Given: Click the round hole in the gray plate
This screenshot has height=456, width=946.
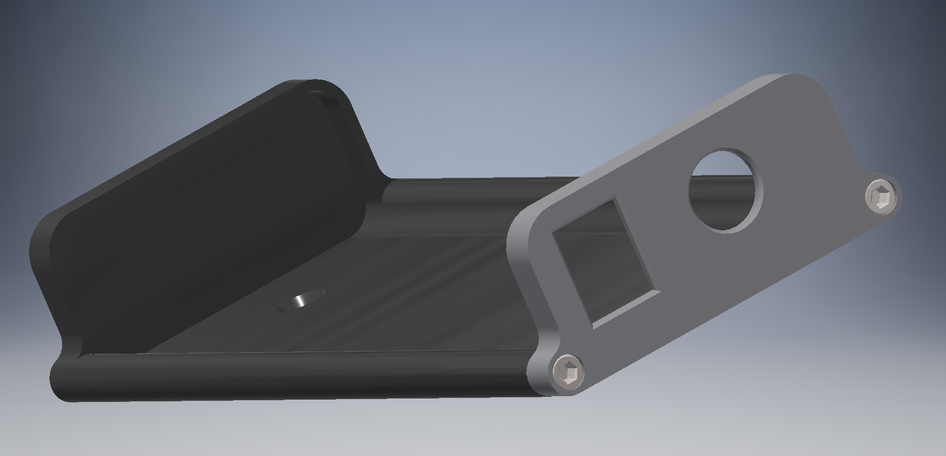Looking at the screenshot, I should [x=725, y=190].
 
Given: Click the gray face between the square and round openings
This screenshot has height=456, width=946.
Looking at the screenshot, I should [x=668, y=232].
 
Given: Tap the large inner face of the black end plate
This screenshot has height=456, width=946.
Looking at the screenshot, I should [x=209, y=215].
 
